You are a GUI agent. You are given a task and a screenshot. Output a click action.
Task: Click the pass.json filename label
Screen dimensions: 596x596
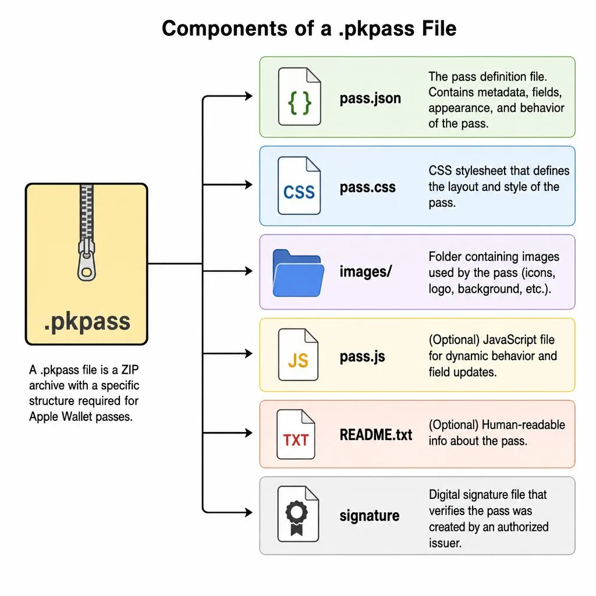370,98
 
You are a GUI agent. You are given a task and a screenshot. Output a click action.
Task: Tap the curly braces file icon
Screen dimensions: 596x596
300,97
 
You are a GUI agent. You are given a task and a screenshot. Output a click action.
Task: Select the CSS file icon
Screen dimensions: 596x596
299,186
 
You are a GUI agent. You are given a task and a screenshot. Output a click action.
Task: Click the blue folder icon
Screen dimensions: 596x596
299,273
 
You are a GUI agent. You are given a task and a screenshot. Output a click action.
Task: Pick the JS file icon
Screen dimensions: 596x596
298,354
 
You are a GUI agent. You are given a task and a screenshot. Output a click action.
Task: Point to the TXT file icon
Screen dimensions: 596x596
296,434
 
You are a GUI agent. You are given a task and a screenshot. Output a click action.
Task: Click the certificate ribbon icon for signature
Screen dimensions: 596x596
298,514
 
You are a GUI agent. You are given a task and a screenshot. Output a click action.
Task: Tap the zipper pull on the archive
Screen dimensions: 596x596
87,260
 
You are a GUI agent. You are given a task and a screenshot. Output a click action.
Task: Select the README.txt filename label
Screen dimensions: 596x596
376,435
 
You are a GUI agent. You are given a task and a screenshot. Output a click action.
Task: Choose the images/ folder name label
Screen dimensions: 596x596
366,272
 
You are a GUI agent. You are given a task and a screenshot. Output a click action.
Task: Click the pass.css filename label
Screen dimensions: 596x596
368,187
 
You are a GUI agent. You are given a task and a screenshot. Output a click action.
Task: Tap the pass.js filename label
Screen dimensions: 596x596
362,357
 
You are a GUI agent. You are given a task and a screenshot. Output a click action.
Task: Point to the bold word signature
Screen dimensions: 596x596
370,516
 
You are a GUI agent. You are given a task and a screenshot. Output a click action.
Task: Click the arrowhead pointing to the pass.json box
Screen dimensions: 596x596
249,96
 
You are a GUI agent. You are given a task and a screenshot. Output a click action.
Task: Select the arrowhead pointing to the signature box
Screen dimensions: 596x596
249,512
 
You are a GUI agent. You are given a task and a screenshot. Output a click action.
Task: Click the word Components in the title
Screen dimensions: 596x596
225,29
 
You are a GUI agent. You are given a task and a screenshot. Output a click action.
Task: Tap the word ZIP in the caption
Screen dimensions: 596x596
130,370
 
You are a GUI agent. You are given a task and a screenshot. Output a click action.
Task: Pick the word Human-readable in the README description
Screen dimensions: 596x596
523,424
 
